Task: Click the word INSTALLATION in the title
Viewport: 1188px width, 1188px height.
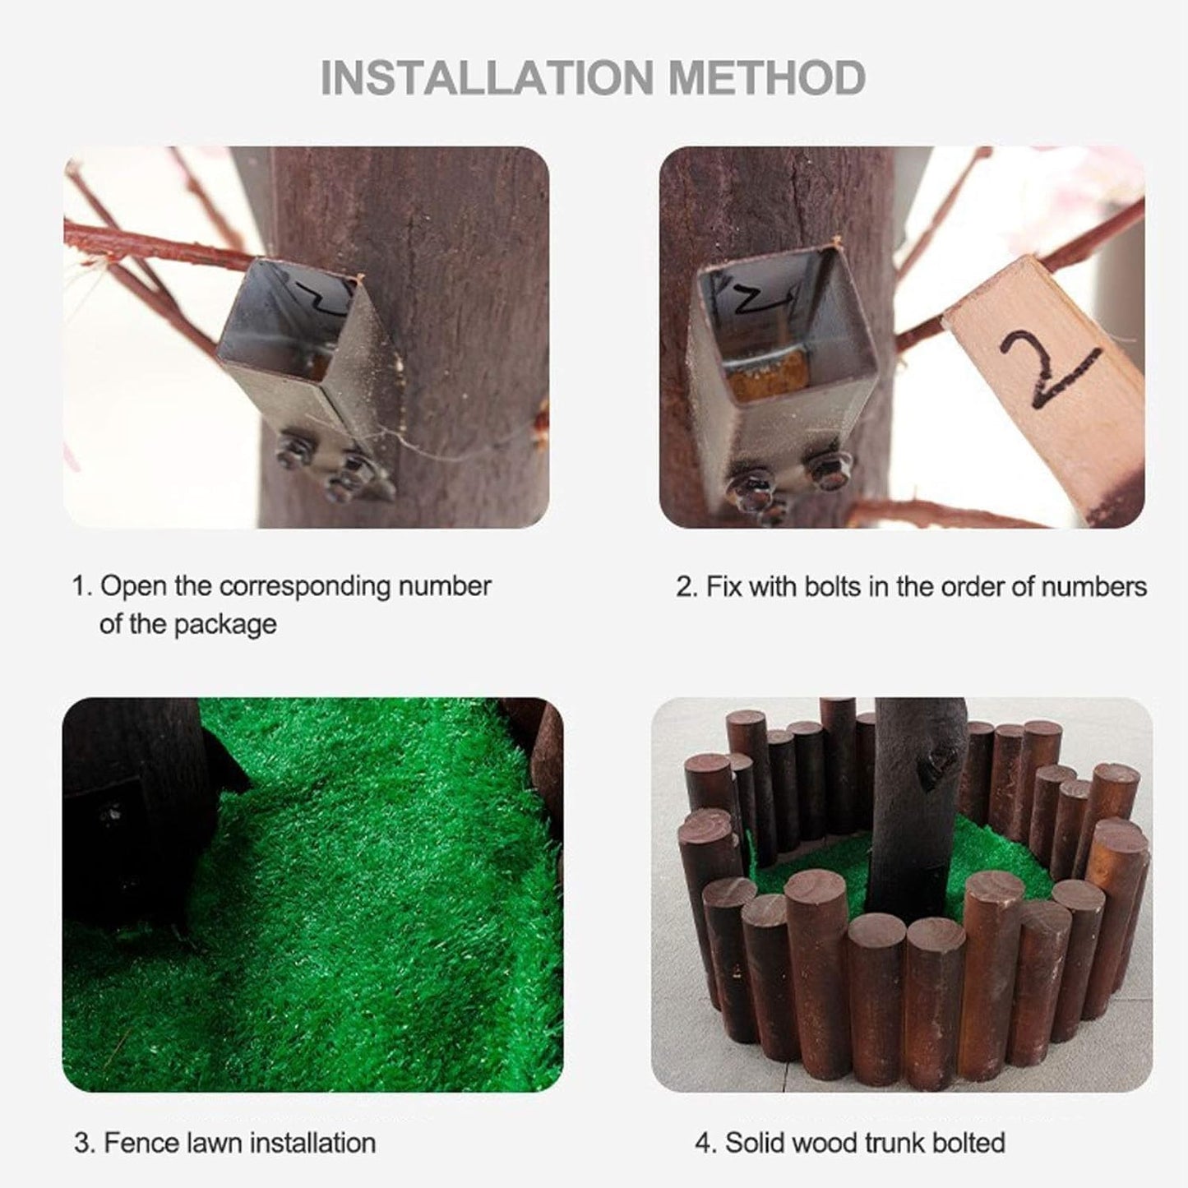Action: click(x=487, y=77)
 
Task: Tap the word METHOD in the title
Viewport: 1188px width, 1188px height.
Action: click(x=768, y=77)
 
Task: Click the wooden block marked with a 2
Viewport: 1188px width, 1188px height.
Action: click(x=1042, y=388)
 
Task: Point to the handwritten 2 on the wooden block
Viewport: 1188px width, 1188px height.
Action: click(x=1048, y=363)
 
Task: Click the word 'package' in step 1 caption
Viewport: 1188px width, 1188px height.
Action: click(x=224, y=626)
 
